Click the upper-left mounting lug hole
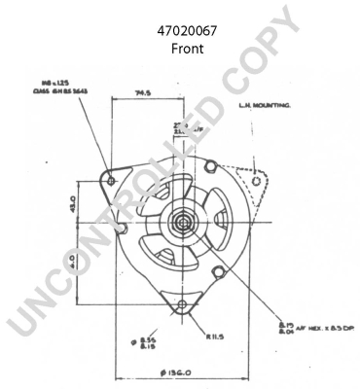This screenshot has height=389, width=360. click(x=111, y=181)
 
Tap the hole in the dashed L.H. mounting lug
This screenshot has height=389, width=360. click(x=255, y=181)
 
